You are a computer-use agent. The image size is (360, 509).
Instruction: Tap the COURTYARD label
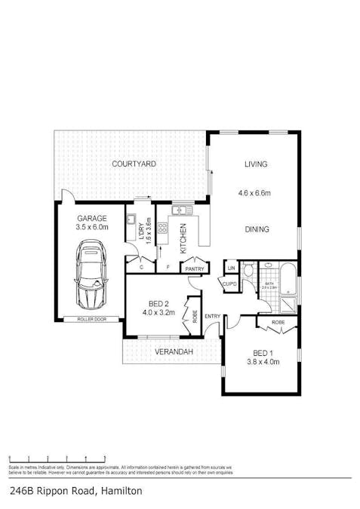click(x=134, y=164)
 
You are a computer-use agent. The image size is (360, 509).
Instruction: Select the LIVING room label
click(x=256, y=164)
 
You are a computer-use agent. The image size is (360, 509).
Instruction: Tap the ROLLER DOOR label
click(x=91, y=319)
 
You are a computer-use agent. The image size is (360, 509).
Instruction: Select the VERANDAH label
click(x=173, y=352)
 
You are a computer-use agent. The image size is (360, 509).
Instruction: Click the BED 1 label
click(x=263, y=352)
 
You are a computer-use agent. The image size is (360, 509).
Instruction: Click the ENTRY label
click(x=213, y=316)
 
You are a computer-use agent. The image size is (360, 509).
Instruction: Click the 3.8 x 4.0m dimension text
click(x=263, y=362)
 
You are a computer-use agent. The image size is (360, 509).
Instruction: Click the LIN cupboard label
click(x=231, y=268)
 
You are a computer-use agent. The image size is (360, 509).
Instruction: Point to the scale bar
click(x=57, y=458)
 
